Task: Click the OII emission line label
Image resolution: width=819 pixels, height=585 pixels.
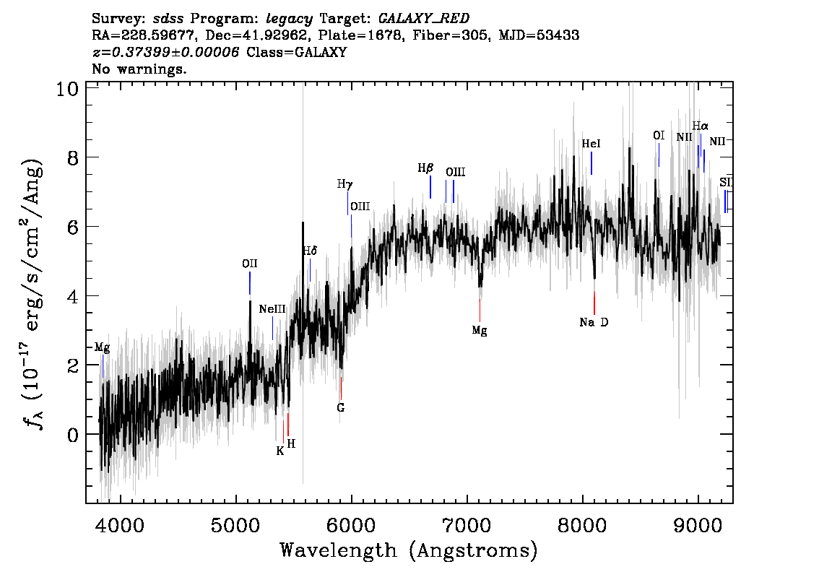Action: click(250, 264)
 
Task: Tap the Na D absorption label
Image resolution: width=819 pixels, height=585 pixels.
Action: click(594, 322)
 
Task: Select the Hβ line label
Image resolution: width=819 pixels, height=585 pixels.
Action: click(425, 168)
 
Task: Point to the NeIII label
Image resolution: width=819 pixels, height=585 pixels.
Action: click(272, 309)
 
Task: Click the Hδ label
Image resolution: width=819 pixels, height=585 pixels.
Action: click(310, 251)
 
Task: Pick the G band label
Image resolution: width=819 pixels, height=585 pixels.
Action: click(341, 407)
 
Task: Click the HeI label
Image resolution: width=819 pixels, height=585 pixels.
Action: click(591, 144)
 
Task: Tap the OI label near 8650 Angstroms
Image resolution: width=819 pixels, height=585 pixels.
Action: click(659, 135)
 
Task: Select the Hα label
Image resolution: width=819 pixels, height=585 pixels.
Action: click(700, 126)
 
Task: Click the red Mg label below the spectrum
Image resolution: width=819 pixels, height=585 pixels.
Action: click(480, 330)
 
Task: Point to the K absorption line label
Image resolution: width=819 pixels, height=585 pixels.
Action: click(280, 451)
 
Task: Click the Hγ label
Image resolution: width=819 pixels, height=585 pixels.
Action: click(345, 184)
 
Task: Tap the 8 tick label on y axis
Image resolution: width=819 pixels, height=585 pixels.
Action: click(72, 157)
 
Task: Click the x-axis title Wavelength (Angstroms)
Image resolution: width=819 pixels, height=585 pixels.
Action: click(409, 550)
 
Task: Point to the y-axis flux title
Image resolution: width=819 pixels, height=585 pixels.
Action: click(33, 293)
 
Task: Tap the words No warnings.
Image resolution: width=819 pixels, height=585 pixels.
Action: click(139, 69)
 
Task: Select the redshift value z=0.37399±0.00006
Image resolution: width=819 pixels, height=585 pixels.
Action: click(165, 52)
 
